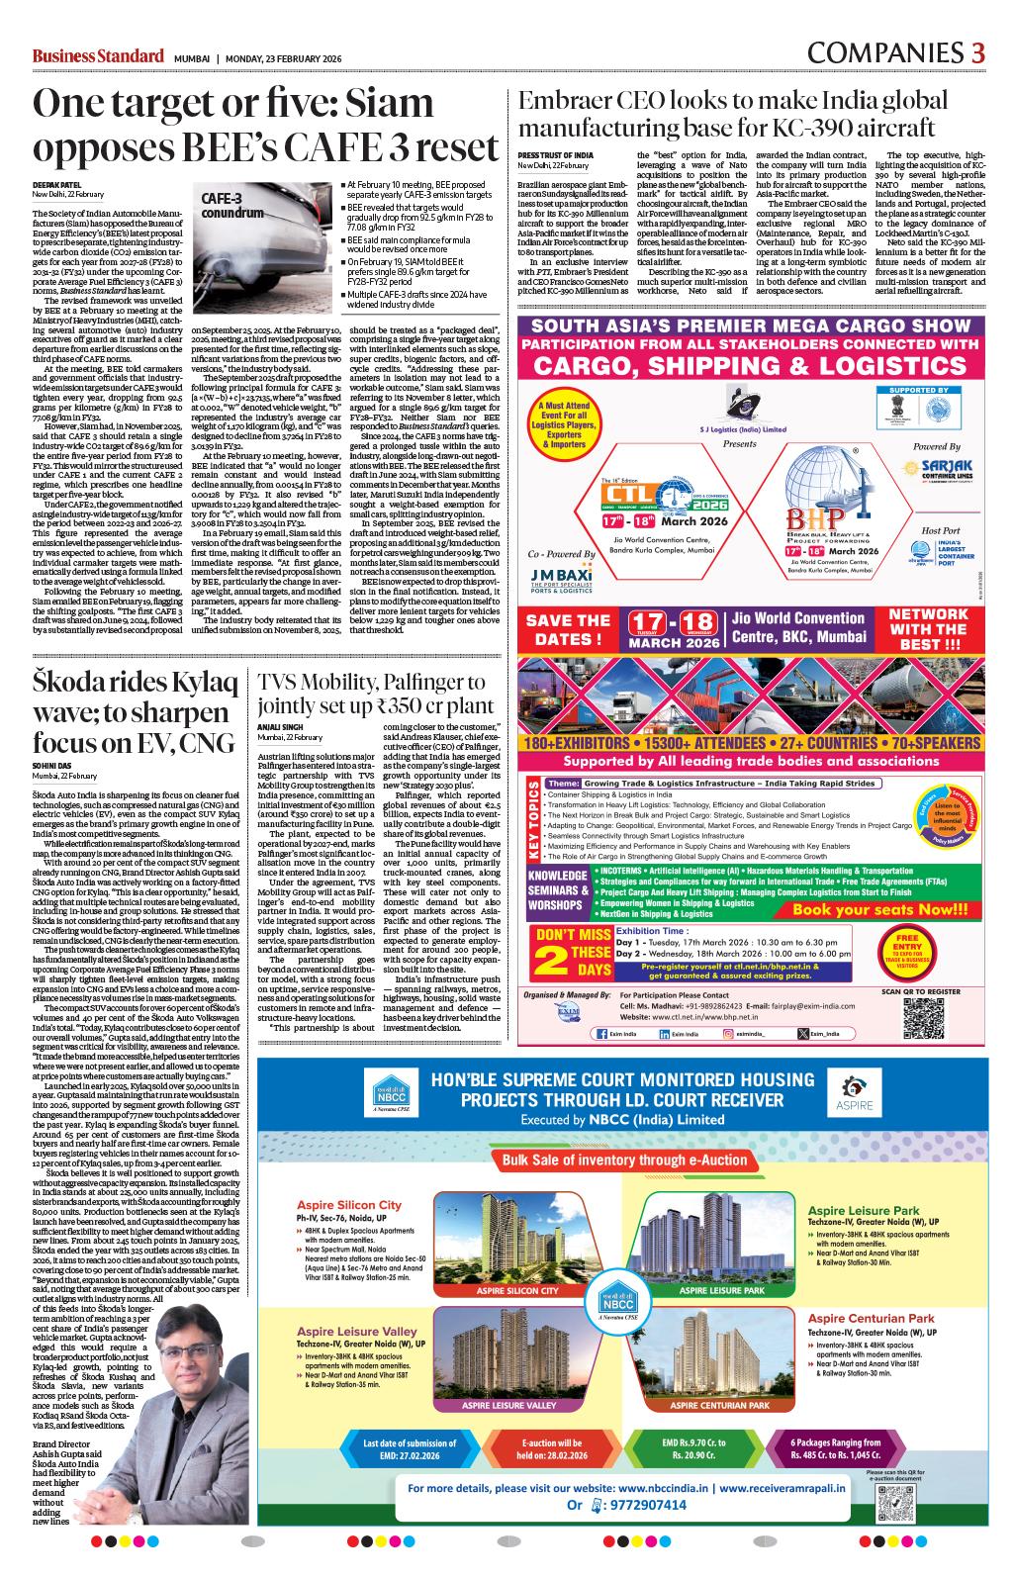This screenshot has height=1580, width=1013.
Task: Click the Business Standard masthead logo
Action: tap(97, 55)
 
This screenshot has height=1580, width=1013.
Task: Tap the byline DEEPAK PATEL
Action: tap(56, 184)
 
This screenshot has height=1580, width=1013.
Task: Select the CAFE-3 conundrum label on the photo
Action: tap(232, 205)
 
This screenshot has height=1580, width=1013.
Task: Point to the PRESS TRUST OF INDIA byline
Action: tap(555, 155)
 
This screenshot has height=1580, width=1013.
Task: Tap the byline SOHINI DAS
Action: tap(52, 766)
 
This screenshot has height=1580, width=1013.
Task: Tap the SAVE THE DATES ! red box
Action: tap(567, 629)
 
